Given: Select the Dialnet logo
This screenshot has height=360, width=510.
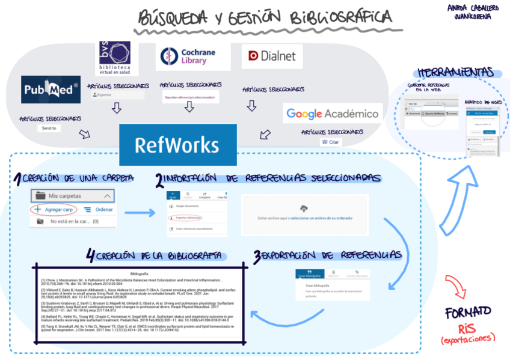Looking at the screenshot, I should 272,56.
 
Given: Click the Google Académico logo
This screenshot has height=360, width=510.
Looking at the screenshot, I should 333,113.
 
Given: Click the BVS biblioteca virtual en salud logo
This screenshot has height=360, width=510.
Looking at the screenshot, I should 118,59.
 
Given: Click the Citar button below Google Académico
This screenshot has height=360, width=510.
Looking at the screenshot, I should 331,142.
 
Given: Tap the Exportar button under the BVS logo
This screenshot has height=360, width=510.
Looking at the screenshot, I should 117,95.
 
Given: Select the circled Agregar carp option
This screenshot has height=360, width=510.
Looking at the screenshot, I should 54,210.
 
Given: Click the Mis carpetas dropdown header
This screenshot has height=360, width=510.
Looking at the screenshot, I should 72,196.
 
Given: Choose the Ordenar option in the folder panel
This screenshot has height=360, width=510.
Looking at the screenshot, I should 99,210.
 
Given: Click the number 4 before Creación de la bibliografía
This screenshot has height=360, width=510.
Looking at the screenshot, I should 90,257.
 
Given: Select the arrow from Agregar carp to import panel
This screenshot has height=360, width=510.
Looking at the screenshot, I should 140,213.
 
